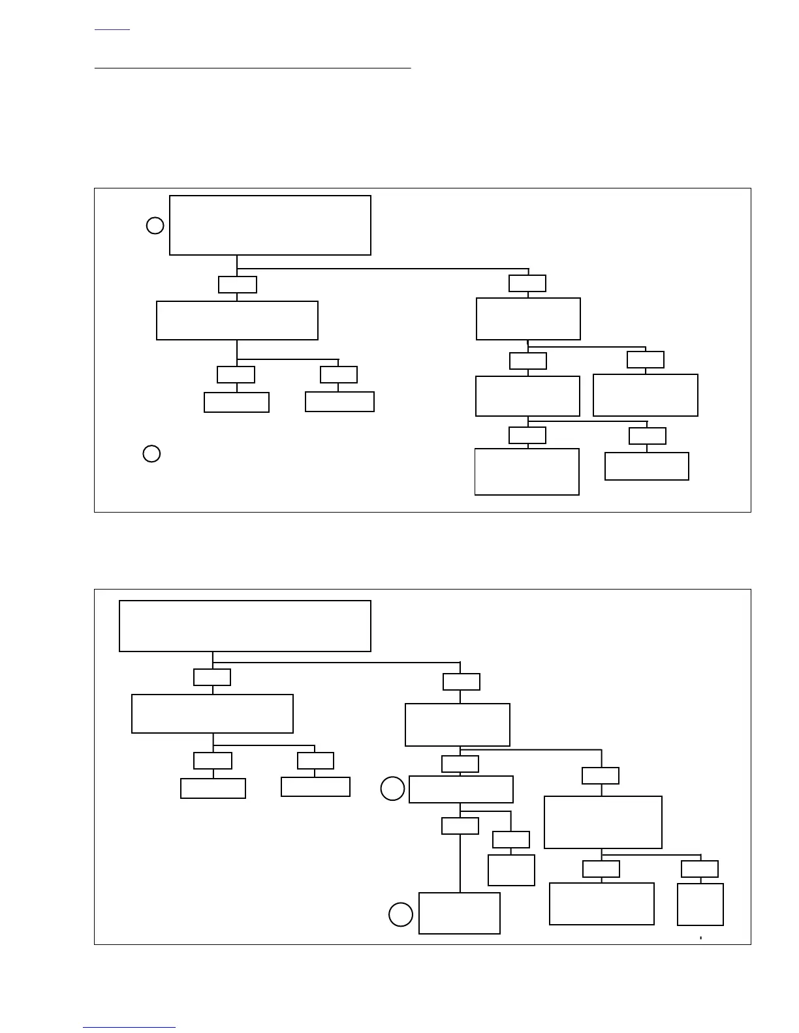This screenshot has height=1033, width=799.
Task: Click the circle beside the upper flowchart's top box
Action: click(x=155, y=226)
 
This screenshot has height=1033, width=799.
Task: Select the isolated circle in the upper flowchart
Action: click(x=151, y=454)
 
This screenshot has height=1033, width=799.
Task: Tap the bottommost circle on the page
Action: click(x=401, y=914)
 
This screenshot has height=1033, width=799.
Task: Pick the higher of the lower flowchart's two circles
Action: click(x=392, y=789)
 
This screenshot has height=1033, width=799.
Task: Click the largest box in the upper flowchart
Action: click(x=270, y=225)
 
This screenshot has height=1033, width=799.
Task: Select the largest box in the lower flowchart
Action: click(x=245, y=626)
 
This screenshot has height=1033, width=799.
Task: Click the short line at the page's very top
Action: click(x=112, y=29)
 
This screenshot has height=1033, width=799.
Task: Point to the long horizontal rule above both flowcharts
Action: click(x=253, y=67)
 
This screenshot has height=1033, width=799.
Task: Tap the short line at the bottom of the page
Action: click(x=129, y=1028)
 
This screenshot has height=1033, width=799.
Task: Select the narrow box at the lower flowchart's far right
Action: click(x=700, y=905)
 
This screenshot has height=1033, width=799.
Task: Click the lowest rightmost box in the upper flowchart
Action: click(x=647, y=466)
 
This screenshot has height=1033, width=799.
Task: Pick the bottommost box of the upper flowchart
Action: click(x=527, y=472)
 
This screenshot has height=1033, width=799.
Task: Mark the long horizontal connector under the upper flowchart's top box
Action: click(x=383, y=268)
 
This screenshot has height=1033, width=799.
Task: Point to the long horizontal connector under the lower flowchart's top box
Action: click(x=336, y=663)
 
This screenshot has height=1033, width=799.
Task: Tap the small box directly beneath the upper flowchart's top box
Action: click(x=238, y=285)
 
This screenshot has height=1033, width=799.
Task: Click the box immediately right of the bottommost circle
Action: click(x=460, y=913)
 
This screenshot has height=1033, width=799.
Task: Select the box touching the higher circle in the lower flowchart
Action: click(x=461, y=789)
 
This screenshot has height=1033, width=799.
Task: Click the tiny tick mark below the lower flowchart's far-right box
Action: click(x=700, y=938)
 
